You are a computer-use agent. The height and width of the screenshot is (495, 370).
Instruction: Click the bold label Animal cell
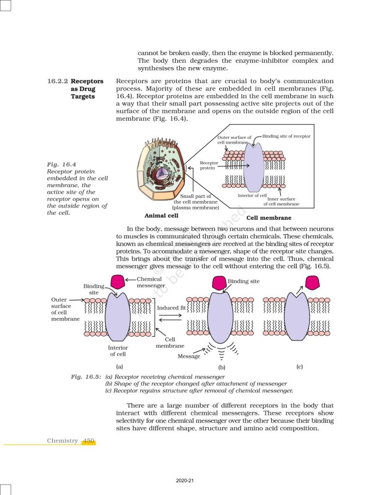[x=161, y=216]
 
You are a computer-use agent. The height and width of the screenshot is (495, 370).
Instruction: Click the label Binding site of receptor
[x=286, y=136]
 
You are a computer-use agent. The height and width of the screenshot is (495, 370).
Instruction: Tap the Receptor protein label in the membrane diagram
[x=209, y=166]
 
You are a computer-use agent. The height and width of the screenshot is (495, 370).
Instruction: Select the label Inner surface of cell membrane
[x=281, y=202]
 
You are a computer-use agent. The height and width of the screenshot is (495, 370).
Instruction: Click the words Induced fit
[x=168, y=308]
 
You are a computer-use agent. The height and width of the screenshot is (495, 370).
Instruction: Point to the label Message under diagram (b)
[x=189, y=356]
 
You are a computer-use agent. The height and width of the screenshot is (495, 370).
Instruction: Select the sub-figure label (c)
[x=300, y=367]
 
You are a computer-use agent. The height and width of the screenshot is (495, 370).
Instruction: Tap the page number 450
[x=89, y=441]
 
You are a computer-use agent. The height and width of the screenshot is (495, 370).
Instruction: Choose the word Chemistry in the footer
[x=62, y=441]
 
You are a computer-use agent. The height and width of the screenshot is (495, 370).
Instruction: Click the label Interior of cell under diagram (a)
[x=118, y=351]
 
